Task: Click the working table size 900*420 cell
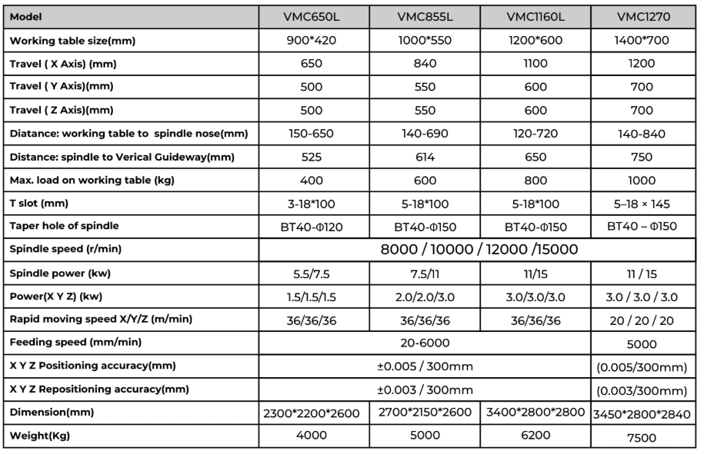point(311,40)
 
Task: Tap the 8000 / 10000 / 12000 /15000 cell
point(480,250)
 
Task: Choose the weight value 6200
point(536,436)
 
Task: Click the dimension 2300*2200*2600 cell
point(311,413)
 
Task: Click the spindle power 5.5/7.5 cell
point(311,273)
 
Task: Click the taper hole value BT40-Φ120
point(311,228)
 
